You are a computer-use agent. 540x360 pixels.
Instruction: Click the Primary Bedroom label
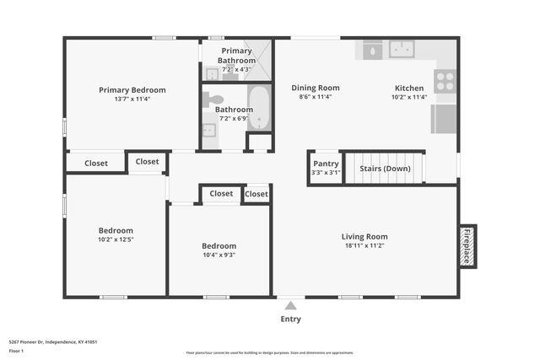pos(132,90)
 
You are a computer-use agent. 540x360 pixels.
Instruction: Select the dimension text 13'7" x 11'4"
pos(132,99)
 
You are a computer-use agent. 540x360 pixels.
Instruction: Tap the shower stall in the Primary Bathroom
pos(264,61)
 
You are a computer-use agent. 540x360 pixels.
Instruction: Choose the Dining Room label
pos(316,88)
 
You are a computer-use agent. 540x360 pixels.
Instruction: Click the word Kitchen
pos(409,88)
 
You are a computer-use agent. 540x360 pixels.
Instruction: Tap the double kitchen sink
pos(401,49)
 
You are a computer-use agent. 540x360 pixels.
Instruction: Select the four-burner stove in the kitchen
pos(444,81)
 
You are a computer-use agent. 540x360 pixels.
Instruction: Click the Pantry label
pos(326,164)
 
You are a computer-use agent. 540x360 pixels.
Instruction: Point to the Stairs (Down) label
pos(384,169)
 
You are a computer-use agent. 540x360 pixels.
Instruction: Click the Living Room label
pos(364,237)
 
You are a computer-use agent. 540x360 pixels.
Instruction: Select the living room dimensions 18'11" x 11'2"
pos(364,245)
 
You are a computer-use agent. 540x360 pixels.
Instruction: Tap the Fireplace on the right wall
pos(467,245)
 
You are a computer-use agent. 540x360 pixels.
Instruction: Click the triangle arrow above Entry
pos(290,306)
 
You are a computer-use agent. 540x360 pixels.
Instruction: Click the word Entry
pos(290,319)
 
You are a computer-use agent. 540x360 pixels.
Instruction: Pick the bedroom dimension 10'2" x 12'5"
pos(116,239)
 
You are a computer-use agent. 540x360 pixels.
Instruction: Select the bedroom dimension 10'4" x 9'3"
pos(219,255)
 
